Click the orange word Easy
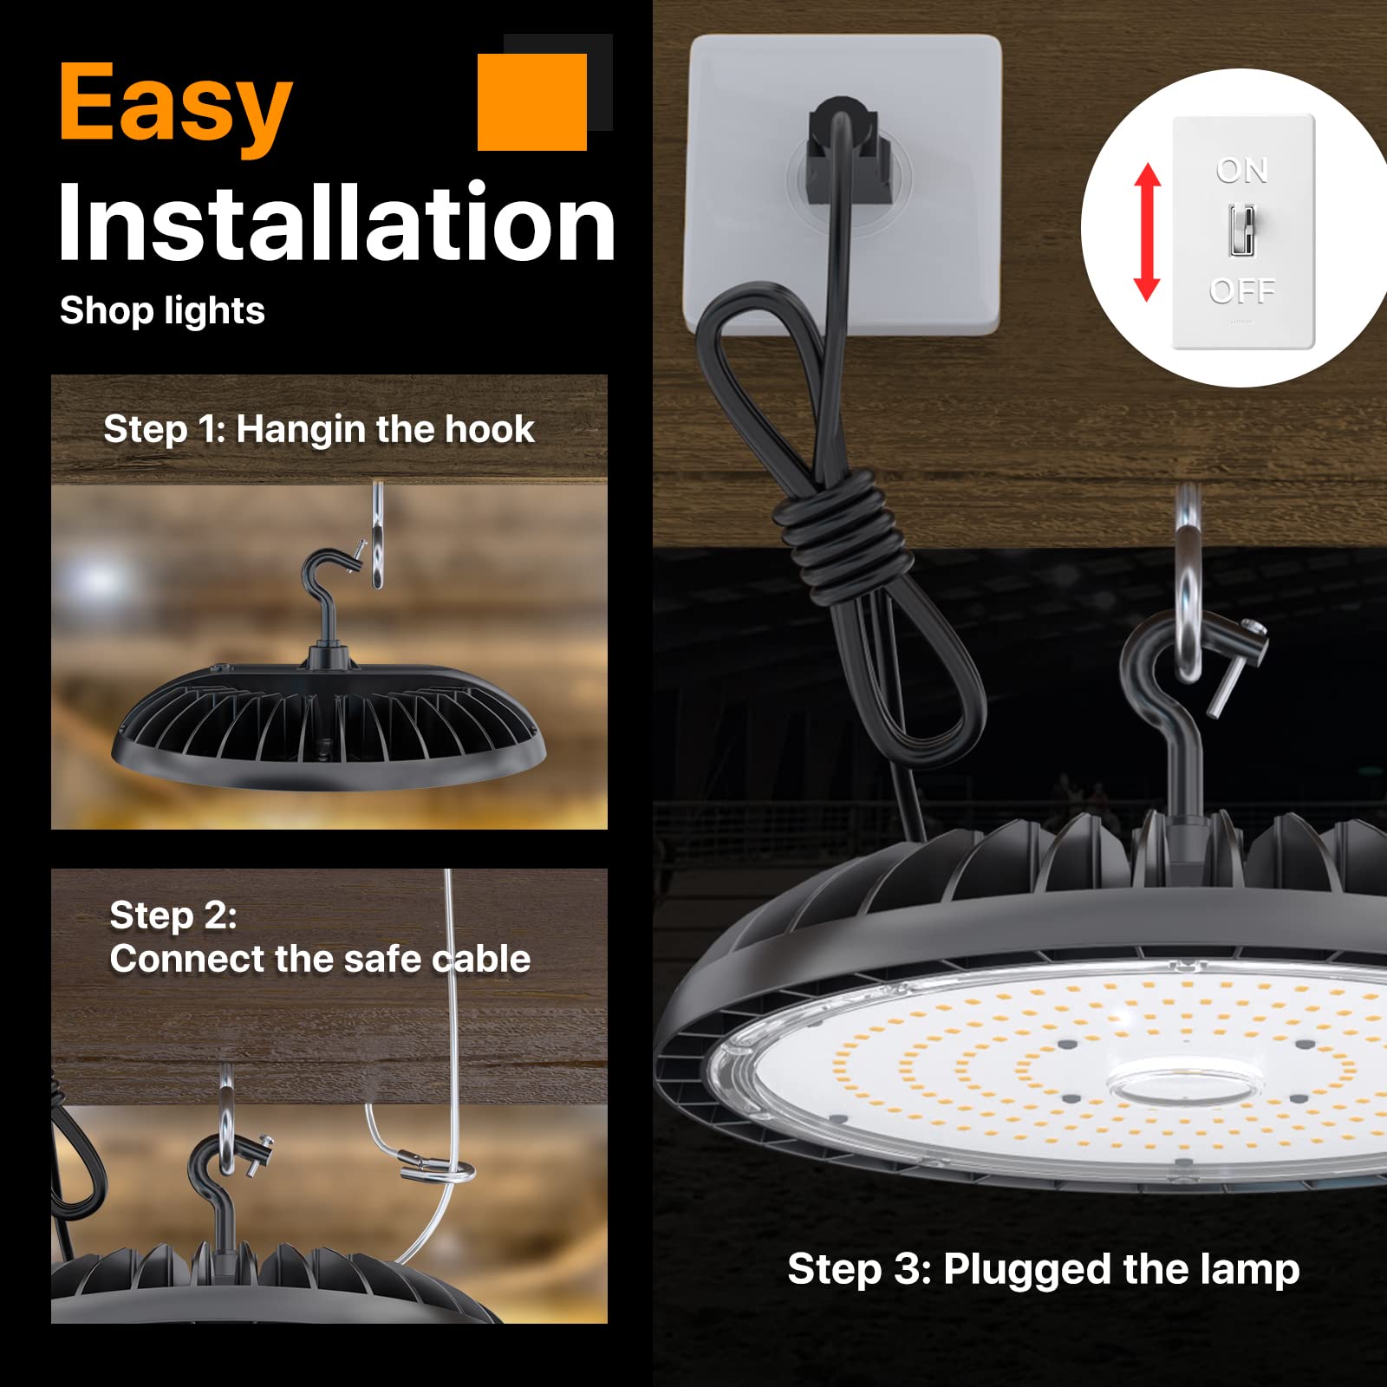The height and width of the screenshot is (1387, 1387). (x=176, y=106)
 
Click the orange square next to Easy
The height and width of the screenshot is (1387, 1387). (x=532, y=101)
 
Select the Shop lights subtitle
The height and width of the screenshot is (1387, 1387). (x=162, y=310)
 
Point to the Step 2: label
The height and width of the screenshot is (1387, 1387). (x=173, y=915)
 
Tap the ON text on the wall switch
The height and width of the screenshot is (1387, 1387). (x=1242, y=171)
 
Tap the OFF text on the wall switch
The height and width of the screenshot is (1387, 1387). (x=1242, y=290)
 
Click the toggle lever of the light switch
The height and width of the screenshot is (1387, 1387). (x=1241, y=230)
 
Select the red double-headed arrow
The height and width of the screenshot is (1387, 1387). (x=1147, y=231)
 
